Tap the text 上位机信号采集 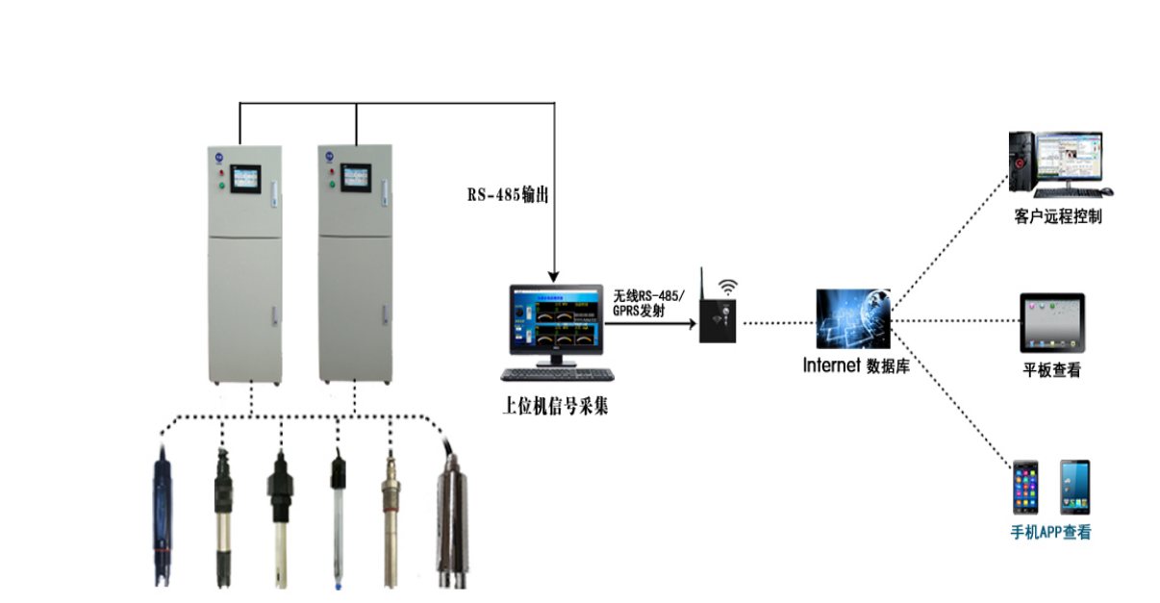pyautogui.click(x=555, y=407)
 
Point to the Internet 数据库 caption pyautogui.click(x=856, y=366)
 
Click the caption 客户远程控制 pyautogui.click(x=1058, y=216)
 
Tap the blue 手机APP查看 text pyautogui.click(x=1051, y=532)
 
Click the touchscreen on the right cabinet pyautogui.click(x=356, y=176)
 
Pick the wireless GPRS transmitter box pyautogui.click(x=718, y=321)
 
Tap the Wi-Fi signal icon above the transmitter pyautogui.click(x=728, y=286)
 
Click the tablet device pyautogui.click(x=1051, y=324)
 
